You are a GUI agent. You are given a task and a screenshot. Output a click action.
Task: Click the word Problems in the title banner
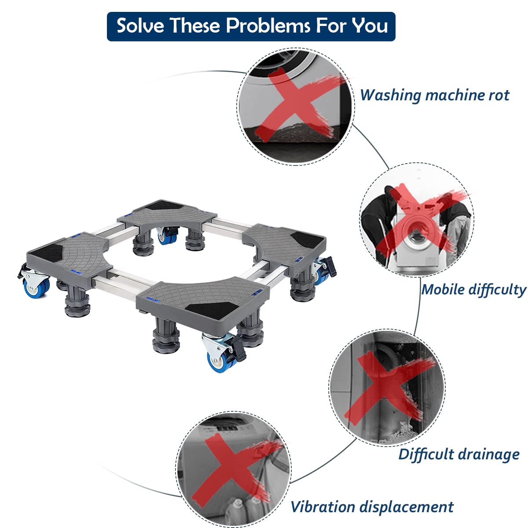268,26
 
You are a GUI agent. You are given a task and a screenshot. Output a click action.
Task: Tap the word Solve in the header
140,26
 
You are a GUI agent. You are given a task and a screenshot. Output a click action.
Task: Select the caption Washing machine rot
435,95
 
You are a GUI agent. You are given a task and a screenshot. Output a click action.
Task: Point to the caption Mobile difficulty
474,290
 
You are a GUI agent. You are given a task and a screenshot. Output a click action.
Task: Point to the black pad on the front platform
212,311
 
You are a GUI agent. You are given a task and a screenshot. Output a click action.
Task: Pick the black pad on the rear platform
165,205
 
